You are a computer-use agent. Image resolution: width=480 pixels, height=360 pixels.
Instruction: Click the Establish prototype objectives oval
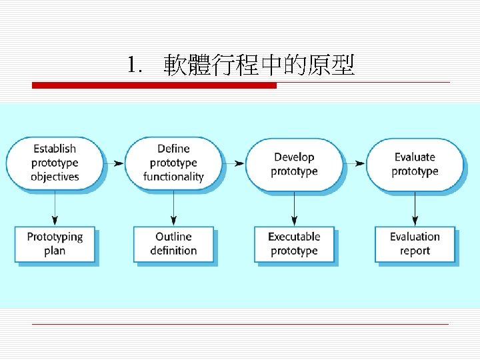(x=55, y=163)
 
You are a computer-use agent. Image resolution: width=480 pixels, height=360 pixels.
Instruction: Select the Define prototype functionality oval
(x=173, y=163)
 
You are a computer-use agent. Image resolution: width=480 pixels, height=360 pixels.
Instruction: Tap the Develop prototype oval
(x=294, y=164)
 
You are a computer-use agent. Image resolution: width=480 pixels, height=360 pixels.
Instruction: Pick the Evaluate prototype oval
(x=415, y=164)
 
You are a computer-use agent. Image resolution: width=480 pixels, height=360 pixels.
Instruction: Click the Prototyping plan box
(x=55, y=244)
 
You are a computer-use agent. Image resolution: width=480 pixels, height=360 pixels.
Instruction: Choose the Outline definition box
(x=173, y=244)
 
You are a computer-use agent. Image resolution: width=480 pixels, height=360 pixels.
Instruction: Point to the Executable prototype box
(x=294, y=244)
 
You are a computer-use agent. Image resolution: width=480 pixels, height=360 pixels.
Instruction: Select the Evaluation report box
(x=415, y=244)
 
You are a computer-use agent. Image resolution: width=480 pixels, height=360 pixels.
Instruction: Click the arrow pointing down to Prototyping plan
(x=55, y=208)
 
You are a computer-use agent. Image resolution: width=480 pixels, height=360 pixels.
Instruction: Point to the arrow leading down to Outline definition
(x=173, y=208)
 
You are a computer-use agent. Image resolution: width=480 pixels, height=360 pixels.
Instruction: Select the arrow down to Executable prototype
(x=294, y=208)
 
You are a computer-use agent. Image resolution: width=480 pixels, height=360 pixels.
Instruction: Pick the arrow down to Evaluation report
(x=415, y=208)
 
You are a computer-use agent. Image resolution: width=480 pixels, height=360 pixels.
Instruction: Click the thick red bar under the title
(x=154, y=85)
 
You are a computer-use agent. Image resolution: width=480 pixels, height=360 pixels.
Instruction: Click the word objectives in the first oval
(x=55, y=177)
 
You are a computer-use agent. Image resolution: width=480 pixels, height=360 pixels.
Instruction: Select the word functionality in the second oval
(x=173, y=177)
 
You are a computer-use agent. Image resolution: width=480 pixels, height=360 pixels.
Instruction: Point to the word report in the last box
(x=415, y=251)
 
